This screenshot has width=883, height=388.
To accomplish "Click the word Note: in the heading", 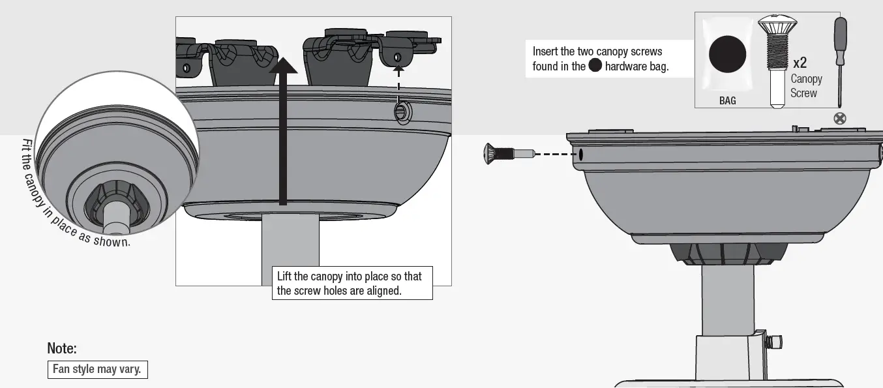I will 62,348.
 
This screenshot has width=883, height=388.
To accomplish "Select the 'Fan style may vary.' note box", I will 97,369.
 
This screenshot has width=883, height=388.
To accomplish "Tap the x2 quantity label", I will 800,63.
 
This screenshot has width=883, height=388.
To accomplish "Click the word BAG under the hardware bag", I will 727,101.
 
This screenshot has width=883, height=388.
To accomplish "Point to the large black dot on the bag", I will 727,54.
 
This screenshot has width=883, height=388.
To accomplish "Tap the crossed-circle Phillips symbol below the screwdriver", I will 841,118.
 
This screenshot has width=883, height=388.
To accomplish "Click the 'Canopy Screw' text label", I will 806,86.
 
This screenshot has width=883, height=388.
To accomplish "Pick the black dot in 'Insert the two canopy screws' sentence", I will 595,65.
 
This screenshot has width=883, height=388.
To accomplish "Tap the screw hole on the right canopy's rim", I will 580,155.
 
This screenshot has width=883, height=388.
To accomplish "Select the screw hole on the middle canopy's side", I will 401,112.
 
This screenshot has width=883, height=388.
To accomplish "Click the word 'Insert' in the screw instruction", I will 546,51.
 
